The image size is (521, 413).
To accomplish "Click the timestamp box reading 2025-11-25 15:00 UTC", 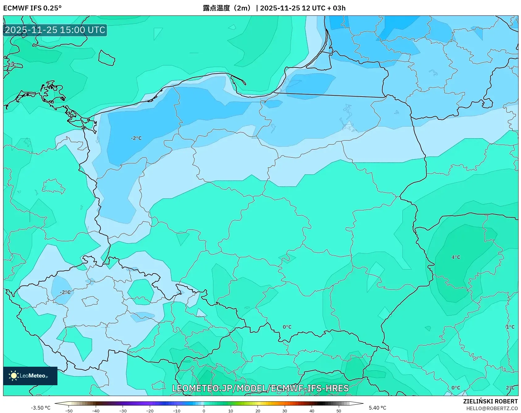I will click(55, 30).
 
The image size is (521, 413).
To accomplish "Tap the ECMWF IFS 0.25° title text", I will click(32, 8).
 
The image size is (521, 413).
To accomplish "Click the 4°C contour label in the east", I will click(456, 257).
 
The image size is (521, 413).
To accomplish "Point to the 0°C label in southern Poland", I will click(287, 327).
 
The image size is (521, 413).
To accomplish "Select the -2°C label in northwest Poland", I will click(136, 138).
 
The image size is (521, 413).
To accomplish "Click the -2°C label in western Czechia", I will click(65, 292).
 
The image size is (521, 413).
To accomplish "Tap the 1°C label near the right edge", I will click(510, 327).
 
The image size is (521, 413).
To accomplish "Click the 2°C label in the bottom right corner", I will click(510, 388).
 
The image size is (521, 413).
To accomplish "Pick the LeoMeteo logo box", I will click(30, 376).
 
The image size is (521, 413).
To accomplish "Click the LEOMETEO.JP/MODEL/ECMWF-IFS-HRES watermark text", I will click(260, 388).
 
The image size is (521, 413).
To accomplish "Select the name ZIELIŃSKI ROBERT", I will click(490, 401).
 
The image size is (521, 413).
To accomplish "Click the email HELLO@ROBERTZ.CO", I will click(492, 408).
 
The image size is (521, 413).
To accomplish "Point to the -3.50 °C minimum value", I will click(40, 408).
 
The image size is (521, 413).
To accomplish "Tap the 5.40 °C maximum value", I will click(377, 408).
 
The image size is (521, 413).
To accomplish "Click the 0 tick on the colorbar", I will click(204, 411).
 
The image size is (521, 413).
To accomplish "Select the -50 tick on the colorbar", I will click(69, 411).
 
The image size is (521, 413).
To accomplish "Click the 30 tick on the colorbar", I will click(284, 411).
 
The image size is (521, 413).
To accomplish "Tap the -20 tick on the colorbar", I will click(150, 411).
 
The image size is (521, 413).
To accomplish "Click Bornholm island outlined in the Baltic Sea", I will click(107, 58).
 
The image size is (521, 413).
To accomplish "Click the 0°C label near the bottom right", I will click(456, 388).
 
